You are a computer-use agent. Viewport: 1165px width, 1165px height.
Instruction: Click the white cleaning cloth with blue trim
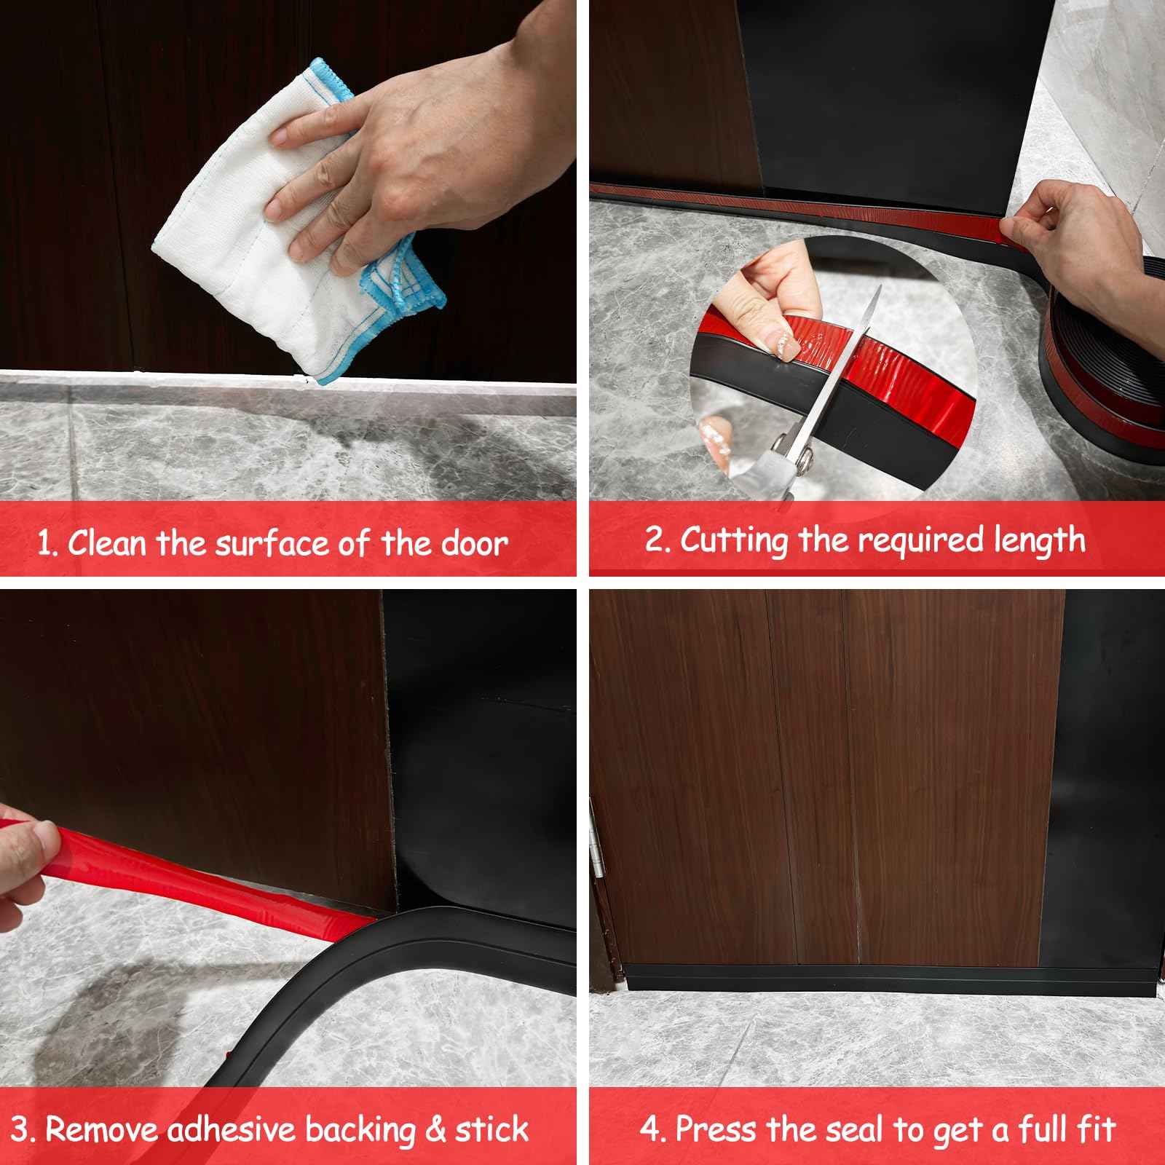(240, 240)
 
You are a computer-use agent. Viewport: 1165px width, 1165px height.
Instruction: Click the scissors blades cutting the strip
(837, 379)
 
